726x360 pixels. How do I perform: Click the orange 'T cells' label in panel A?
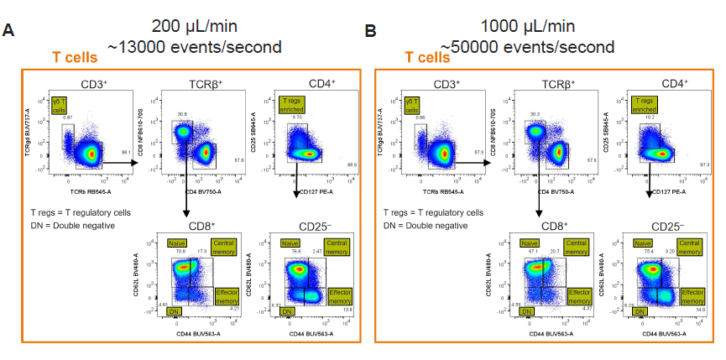click(76, 57)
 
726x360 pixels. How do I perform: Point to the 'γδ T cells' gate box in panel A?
click(60, 106)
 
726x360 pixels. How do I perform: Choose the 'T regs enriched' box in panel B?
click(645, 106)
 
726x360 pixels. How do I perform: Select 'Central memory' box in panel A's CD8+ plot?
click(224, 247)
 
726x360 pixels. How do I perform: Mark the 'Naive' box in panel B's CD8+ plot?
click(530, 243)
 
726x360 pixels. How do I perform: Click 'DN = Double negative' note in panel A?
click(72, 226)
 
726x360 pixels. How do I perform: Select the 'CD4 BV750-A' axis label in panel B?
click(556, 192)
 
